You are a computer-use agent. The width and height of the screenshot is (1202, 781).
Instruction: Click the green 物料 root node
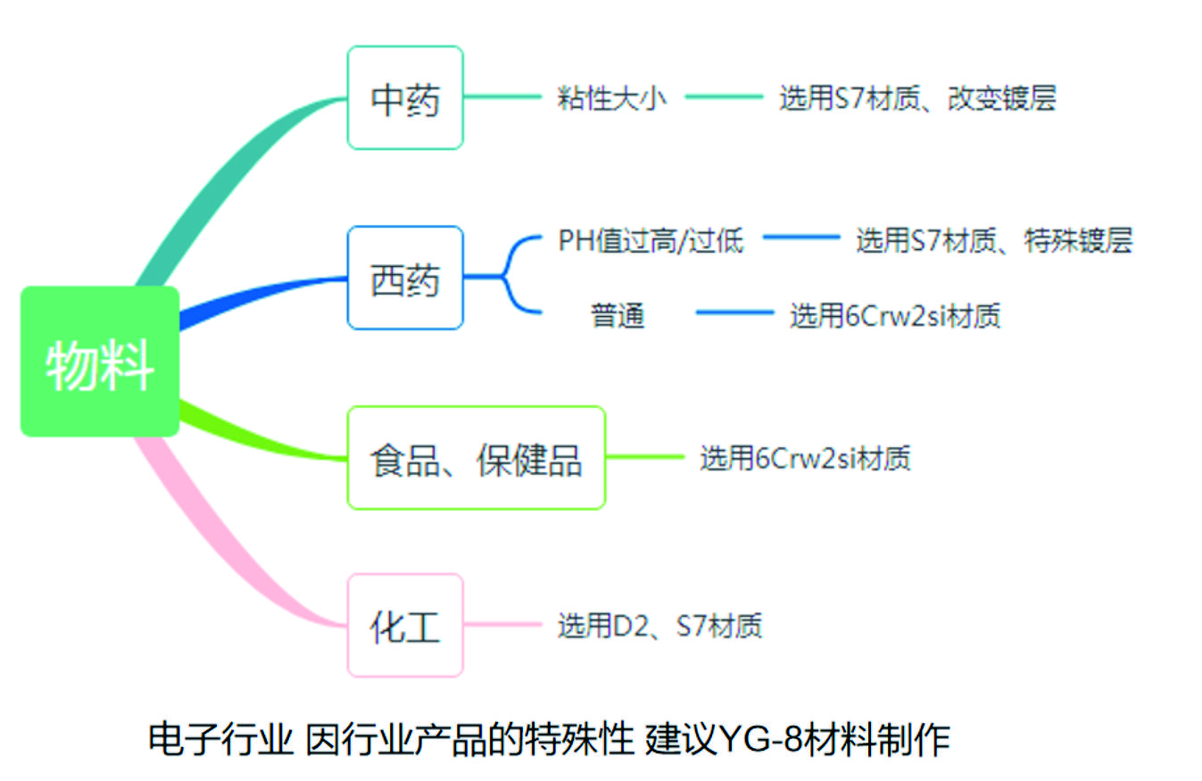(100, 361)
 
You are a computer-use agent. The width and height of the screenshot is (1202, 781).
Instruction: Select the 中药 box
(405, 97)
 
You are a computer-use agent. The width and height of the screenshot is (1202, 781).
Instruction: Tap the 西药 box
(405, 278)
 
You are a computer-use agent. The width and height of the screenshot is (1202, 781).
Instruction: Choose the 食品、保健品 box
(476, 458)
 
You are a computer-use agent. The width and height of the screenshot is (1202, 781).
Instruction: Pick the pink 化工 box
(405, 626)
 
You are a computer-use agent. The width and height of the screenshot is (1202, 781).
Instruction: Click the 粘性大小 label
(611, 97)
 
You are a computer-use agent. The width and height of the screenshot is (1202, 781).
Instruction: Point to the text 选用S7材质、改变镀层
(917, 97)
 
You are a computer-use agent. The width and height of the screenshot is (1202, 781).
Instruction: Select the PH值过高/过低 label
(651, 240)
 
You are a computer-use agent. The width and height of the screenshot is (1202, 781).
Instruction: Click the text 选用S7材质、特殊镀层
(994, 240)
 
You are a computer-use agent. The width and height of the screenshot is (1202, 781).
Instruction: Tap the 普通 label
(618, 314)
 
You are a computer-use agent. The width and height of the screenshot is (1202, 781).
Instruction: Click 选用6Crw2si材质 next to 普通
(894, 314)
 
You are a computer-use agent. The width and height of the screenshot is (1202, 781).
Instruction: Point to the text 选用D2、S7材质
(659, 626)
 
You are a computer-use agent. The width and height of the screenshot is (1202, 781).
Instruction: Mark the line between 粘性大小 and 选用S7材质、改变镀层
(724, 97)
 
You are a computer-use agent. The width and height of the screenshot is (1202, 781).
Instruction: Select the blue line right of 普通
(734, 312)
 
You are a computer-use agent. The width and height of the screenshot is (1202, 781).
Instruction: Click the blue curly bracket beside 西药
(515, 276)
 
